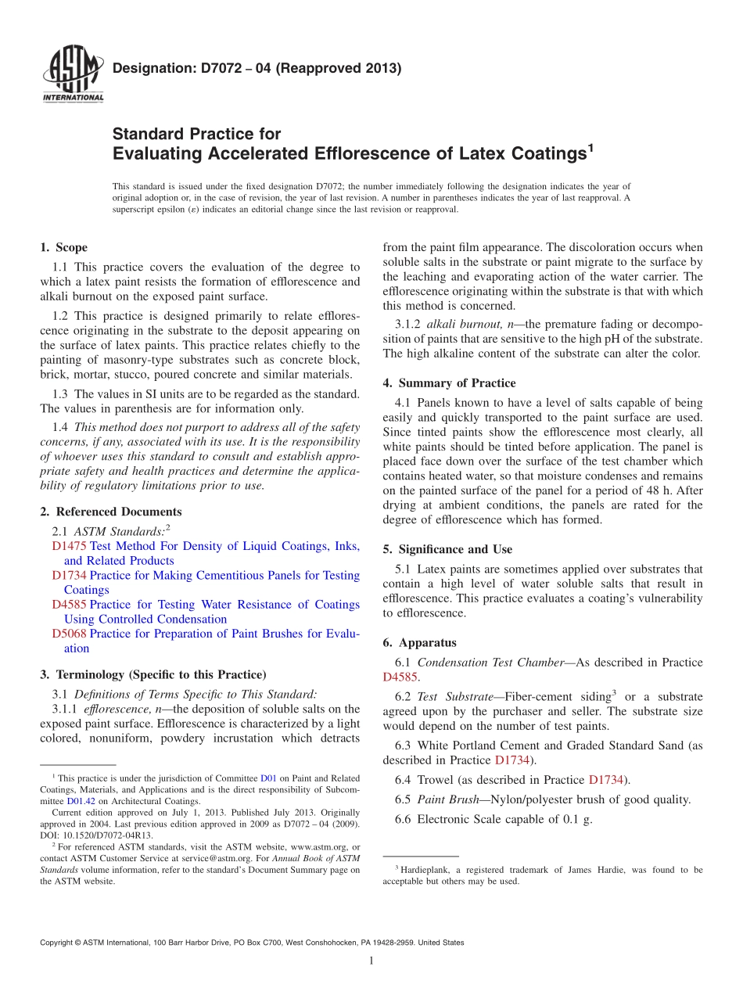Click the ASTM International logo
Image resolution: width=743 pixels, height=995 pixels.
(x=72, y=75)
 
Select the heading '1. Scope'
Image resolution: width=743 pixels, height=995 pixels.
(x=63, y=248)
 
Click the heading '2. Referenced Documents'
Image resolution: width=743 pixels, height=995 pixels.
(x=110, y=512)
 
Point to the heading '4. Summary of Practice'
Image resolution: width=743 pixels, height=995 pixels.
(x=449, y=383)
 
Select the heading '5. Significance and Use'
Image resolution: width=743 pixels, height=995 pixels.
(x=447, y=549)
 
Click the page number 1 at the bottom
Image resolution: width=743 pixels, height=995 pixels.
(x=371, y=961)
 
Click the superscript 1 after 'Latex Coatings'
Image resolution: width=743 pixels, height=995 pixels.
(x=590, y=146)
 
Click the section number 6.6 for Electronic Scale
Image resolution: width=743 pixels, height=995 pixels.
(x=403, y=820)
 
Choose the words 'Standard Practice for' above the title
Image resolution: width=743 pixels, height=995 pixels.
(x=196, y=134)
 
